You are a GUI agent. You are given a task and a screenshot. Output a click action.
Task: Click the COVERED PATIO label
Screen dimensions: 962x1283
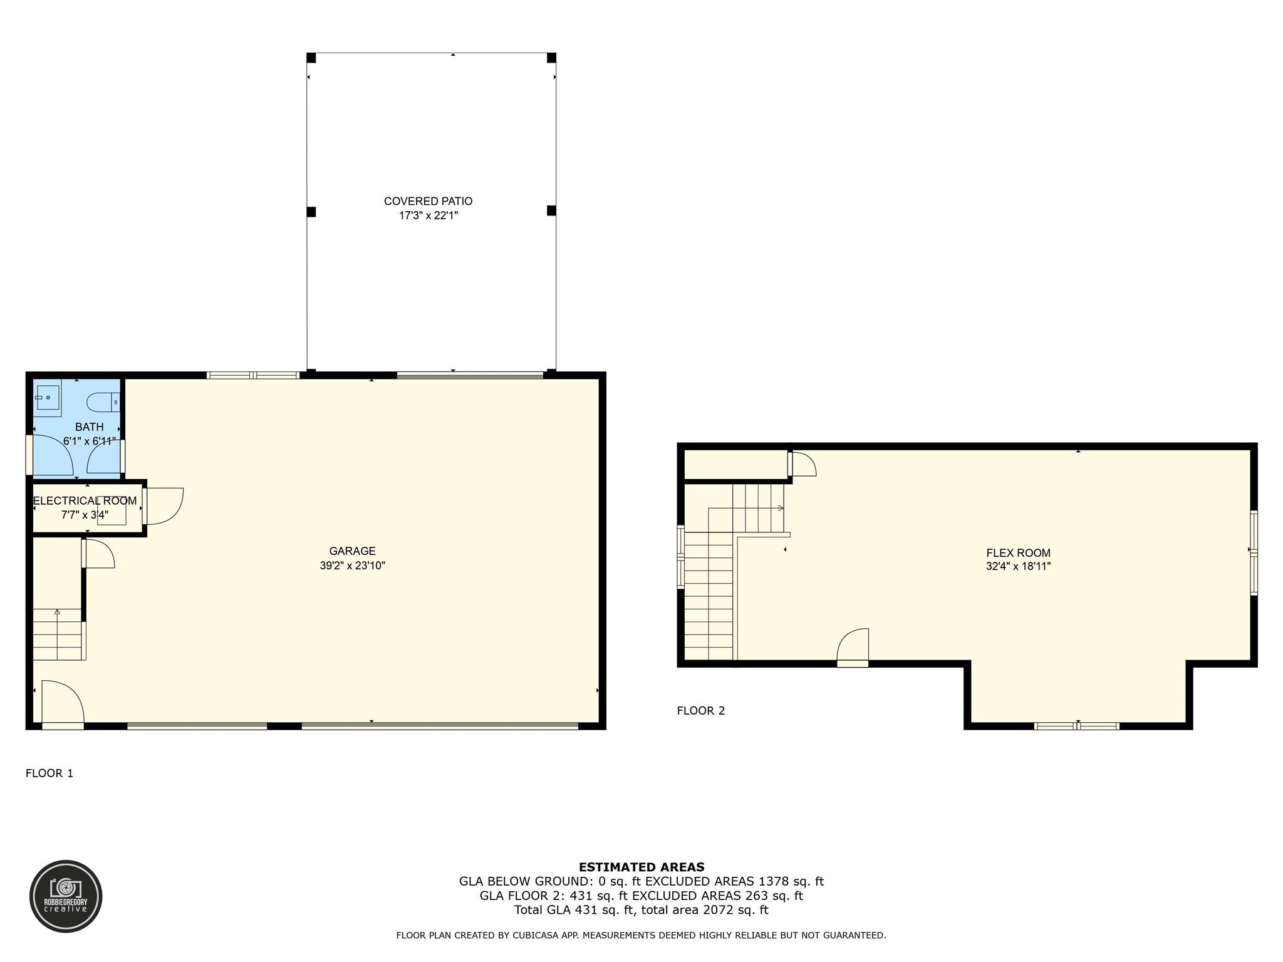click(x=428, y=201)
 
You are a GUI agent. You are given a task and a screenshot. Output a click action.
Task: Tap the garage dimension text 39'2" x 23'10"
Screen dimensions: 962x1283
click(x=352, y=566)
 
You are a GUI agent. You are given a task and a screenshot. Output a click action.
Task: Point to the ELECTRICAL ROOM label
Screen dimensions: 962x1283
click(x=85, y=501)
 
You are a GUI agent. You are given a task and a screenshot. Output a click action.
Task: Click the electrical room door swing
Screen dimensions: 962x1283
click(x=164, y=505)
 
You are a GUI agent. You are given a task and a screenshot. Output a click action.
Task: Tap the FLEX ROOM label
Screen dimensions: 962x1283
click(x=1018, y=553)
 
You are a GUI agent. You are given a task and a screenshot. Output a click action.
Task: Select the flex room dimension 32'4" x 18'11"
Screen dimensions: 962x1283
click(x=1018, y=567)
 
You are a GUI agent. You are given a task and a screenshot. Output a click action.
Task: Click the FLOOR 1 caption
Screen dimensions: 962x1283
click(x=49, y=773)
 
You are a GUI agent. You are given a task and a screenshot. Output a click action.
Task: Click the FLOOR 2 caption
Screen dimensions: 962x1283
click(x=701, y=711)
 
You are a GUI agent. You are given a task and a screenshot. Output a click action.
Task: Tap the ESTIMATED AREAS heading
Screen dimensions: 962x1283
click(x=641, y=867)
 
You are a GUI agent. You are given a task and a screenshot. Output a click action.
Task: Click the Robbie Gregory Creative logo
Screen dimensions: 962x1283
click(x=66, y=896)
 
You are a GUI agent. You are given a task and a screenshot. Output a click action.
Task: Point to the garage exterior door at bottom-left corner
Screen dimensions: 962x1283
click(x=63, y=705)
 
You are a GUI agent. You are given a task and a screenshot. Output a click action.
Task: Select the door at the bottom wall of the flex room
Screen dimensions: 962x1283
click(x=853, y=647)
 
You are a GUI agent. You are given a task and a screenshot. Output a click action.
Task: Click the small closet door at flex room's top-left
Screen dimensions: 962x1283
click(x=803, y=465)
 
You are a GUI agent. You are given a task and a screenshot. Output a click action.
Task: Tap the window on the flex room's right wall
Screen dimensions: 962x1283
click(x=1254, y=552)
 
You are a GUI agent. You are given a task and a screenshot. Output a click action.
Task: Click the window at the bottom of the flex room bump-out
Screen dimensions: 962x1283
click(x=1077, y=727)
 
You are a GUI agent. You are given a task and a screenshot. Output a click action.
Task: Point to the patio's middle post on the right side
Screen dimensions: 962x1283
click(x=551, y=210)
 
